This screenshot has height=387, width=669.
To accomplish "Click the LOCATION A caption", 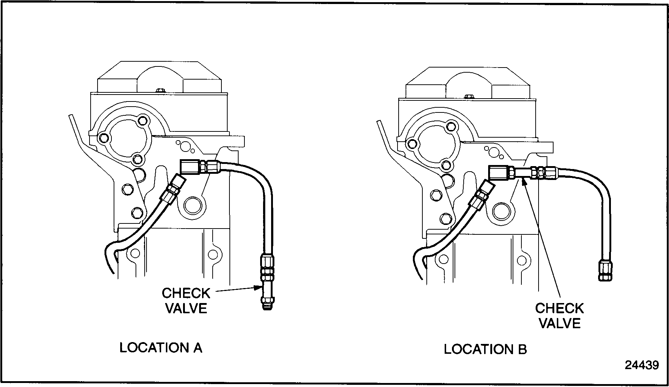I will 161,348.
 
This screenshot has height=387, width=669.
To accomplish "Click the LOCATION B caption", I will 485,349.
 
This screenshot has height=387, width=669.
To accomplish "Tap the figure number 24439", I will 642,365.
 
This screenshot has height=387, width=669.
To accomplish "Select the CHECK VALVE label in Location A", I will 186,300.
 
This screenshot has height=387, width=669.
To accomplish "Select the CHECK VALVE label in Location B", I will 559,316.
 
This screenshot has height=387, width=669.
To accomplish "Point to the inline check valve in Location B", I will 523,172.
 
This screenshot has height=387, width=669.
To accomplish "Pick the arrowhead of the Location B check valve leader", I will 523,181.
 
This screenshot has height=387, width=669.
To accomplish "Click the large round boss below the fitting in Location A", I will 192,206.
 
